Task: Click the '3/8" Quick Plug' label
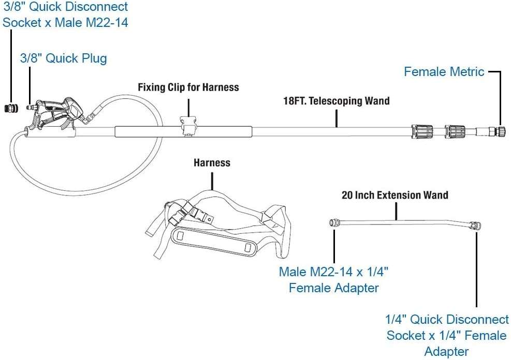click(x=64, y=58)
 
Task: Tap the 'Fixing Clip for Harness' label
click(x=188, y=87)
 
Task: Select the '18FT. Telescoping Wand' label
click(x=337, y=101)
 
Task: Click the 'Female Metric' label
click(x=444, y=71)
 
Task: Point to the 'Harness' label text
click(x=212, y=163)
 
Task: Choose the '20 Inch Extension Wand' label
click(x=395, y=195)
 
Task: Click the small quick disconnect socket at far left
click(x=11, y=108)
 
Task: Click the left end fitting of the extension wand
click(x=334, y=223)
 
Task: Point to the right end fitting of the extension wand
click(x=475, y=224)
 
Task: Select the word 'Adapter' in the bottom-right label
click(x=447, y=352)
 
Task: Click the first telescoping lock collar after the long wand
click(x=422, y=132)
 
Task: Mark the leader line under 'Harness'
click(x=212, y=181)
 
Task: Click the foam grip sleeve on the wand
click(x=183, y=131)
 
